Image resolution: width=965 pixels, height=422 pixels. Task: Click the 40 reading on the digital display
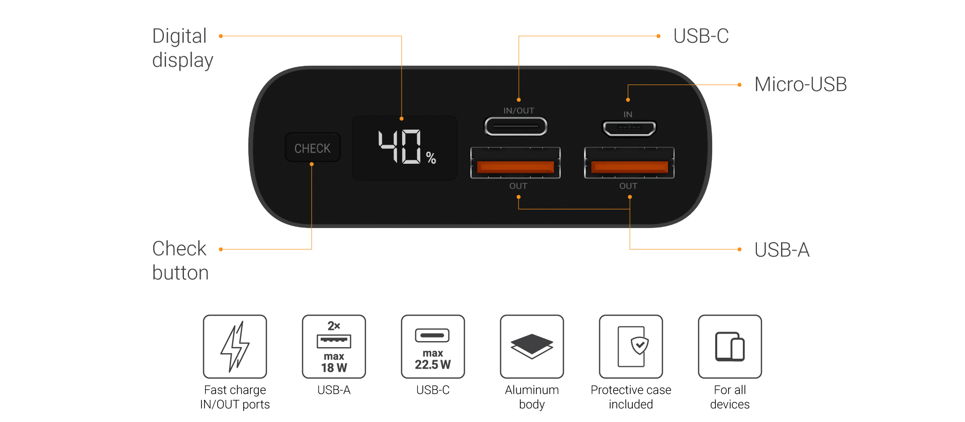click(x=400, y=147)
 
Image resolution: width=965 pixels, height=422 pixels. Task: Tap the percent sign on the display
click(x=431, y=158)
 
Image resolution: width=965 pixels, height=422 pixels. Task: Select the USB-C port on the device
click(x=516, y=126)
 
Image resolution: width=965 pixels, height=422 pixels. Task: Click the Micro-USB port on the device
click(x=629, y=129)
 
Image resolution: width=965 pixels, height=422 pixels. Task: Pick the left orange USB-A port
click(x=515, y=166)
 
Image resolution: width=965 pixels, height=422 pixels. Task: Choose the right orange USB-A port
click(x=629, y=166)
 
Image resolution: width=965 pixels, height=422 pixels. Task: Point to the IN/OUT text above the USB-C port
click(x=519, y=111)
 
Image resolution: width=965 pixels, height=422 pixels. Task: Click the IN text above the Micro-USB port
click(x=628, y=115)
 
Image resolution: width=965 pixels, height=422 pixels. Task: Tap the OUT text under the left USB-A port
click(x=518, y=186)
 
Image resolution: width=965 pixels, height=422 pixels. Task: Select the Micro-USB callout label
click(x=800, y=84)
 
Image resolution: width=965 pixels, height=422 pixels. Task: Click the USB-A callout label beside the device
click(x=782, y=250)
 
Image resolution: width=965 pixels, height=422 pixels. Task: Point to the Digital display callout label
click(x=182, y=48)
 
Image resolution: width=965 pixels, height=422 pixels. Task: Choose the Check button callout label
click(x=180, y=260)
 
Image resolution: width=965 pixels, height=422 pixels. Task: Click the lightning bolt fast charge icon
click(x=235, y=347)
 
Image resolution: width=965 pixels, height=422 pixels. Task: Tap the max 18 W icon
click(x=334, y=347)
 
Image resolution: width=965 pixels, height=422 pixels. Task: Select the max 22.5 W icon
click(x=433, y=347)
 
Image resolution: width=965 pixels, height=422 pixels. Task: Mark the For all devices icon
click(x=730, y=347)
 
